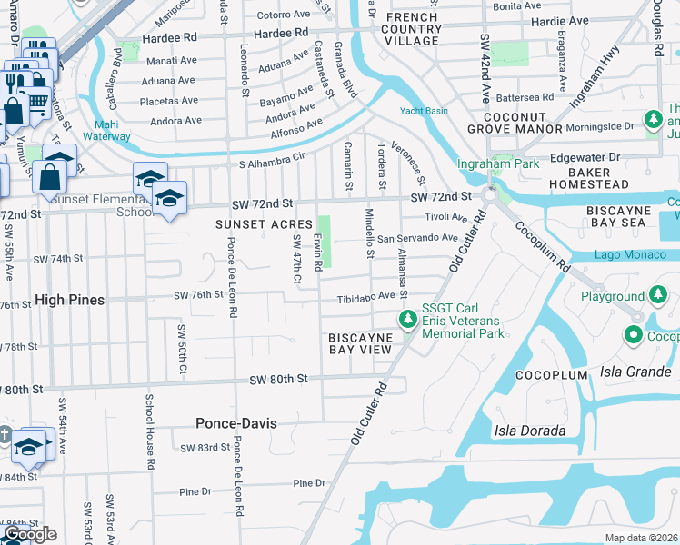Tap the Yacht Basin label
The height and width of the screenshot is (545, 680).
click(x=425, y=111)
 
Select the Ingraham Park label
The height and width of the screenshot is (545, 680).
click(x=498, y=163)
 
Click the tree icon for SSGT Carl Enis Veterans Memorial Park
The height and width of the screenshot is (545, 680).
click(x=408, y=320)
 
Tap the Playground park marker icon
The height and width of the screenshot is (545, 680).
click(x=658, y=295)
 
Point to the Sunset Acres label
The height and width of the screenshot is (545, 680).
click(x=257, y=224)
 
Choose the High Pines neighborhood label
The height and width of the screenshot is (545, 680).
click(x=69, y=300)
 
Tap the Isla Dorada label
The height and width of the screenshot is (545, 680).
click(x=530, y=431)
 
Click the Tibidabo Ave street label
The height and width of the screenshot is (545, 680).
click(x=366, y=296)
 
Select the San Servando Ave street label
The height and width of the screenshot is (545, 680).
click(x=417, y=238)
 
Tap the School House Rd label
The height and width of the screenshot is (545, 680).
click(x=148, y=431)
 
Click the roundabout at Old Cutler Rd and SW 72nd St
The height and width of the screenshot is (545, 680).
click(x=489, y=195)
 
